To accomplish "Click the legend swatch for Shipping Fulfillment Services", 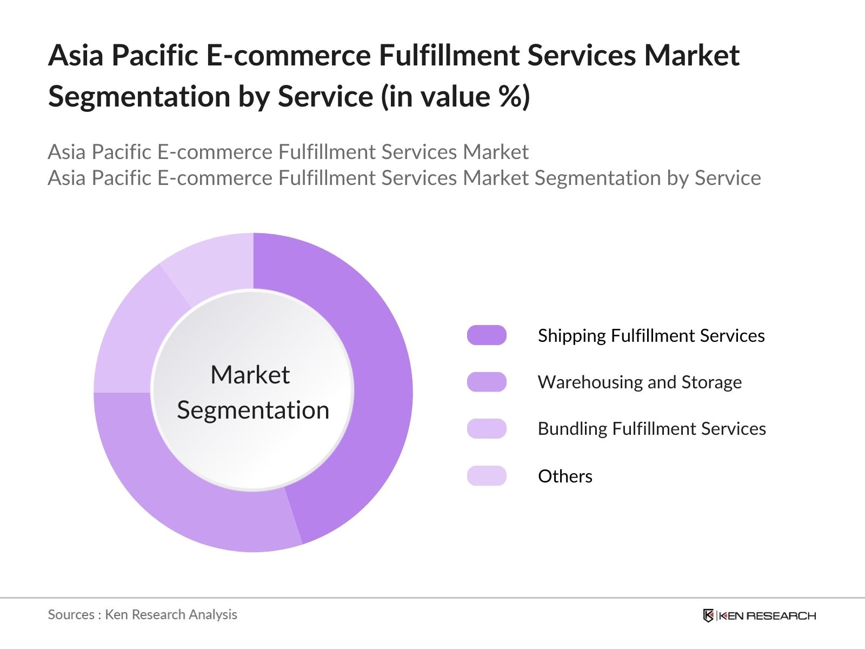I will point(487,335).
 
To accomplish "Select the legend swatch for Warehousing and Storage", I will point(487,382).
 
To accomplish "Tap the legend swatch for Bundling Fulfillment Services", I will point(487,428).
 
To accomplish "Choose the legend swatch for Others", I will point(487,476).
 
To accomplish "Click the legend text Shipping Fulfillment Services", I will point(651,336).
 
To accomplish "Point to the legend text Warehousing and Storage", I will point(640,382).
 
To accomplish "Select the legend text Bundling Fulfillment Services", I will point(651,429).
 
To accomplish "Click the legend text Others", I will point(565,476).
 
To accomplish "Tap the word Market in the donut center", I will point(250,375).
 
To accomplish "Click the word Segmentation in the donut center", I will point(253,410).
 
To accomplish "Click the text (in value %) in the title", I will point(455,96).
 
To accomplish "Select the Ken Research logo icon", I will point(708,615).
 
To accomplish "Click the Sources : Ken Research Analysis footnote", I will point(142,614).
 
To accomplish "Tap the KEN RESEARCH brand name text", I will point(767,615).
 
